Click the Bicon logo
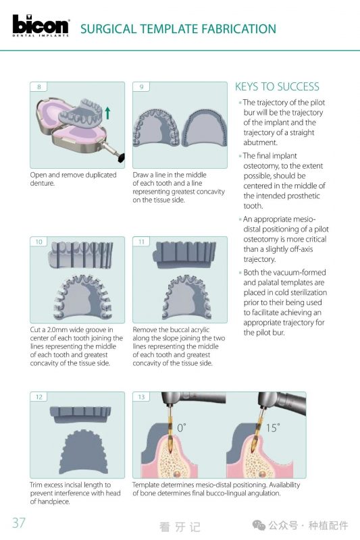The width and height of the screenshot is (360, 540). (x=41, y=25)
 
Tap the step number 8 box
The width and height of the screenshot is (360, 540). (x=38, y=87)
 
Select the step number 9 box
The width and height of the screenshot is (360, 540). (x=141, y=87)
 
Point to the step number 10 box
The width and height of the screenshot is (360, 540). (x=38, y=242)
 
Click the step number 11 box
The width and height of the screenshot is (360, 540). (x=141, y=242)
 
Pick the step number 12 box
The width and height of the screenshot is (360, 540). (x=38, y=397)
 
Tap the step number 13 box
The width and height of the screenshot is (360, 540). (x=141, y=397)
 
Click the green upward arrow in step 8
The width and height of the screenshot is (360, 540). (x=108, y=113)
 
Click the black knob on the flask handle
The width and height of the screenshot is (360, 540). (x=121, y=157)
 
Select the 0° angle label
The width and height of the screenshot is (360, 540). (x=182, y=428)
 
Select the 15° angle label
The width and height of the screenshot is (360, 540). (x=272, y=428)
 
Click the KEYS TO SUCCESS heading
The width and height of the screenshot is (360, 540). (x=277, y=86)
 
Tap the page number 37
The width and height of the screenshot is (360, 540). (x=19, y=522)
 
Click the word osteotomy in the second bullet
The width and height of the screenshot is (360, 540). (x=261, y=165)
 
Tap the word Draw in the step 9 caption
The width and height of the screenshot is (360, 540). (x=140, y=175)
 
